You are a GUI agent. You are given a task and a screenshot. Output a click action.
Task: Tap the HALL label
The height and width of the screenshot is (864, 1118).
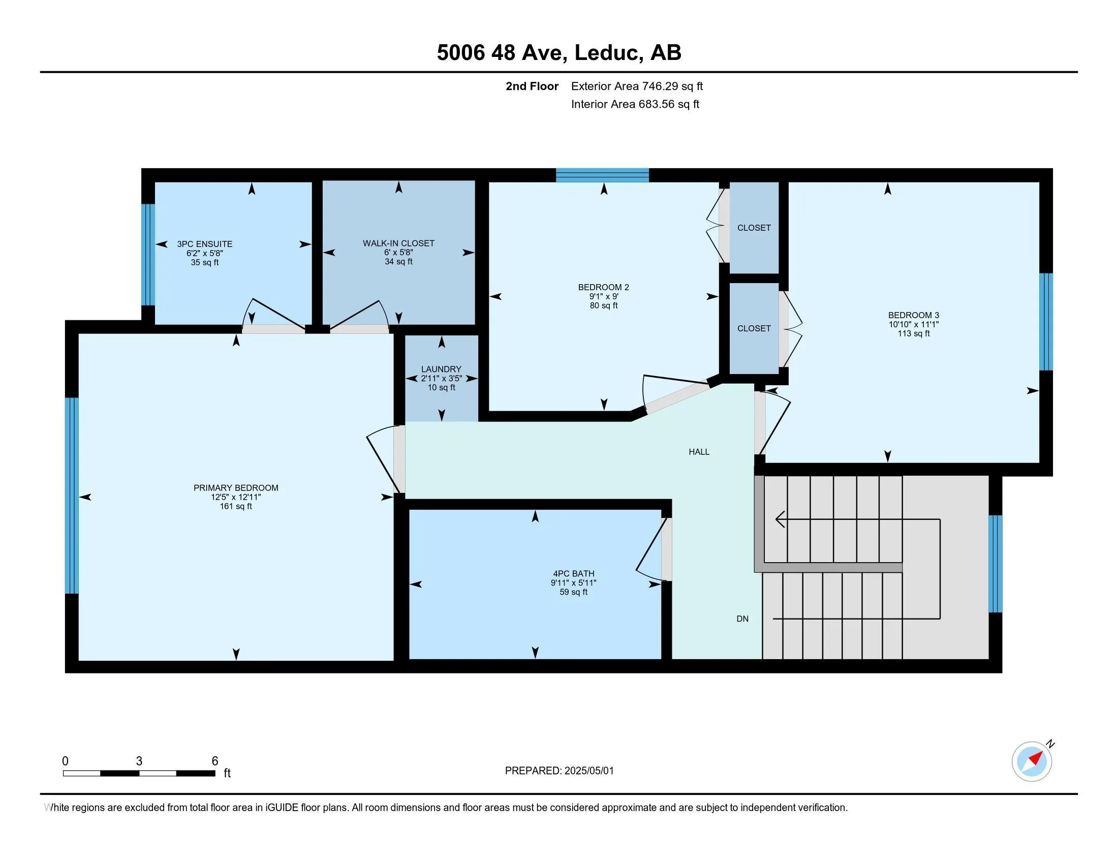(x=699, y=452)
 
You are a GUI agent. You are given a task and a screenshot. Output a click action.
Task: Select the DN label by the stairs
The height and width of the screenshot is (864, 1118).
(x=742, y=619)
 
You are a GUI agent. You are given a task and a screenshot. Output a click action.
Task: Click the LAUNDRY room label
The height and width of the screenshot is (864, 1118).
(x=441, y=369)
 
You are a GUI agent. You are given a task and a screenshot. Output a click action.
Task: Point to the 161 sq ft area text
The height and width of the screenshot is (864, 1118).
(x=236, y=507)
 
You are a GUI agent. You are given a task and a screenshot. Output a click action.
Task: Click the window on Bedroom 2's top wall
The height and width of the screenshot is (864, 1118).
(x=603, y=175)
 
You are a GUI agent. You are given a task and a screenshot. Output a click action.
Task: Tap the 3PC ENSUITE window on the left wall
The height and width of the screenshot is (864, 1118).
(x=148, y=255)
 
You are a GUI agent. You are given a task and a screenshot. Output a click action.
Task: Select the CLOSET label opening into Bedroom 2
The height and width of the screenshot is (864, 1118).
(x=754, y=228)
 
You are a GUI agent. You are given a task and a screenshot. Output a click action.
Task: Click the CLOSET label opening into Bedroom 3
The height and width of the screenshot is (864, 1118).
(x=754, y=329)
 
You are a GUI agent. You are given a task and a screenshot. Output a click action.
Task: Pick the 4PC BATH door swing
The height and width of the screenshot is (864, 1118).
(x=651, y=550)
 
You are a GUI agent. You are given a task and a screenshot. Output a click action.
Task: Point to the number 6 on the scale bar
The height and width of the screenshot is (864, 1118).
(x=215, y=761)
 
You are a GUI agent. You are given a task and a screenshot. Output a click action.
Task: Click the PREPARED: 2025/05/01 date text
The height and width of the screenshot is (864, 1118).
(x=559, y=771)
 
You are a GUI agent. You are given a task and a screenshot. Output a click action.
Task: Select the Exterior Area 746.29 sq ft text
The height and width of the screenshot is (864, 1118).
(x=637, y=86)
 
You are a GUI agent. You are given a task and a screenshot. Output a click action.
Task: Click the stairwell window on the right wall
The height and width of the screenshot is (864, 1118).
(x=995, y=564)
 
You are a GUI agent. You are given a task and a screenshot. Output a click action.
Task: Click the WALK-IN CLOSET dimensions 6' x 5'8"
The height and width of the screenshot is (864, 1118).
(x=398, y=253)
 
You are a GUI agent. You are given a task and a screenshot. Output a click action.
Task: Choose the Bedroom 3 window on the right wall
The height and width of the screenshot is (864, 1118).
(x=1046, y=321)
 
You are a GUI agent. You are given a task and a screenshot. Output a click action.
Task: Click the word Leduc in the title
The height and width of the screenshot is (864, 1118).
(x=609, y=53)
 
